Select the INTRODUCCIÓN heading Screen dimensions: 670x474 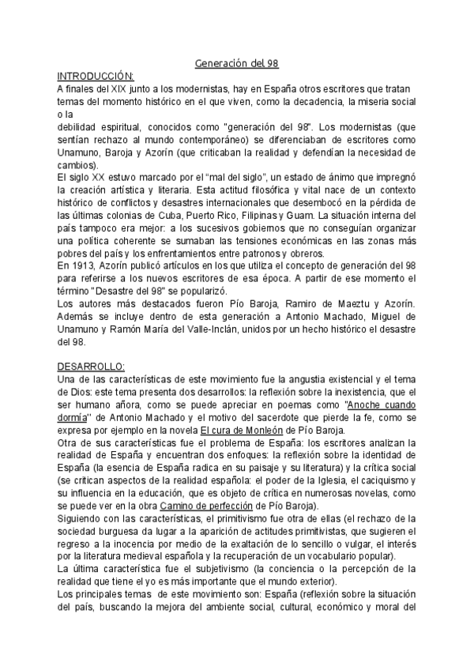coord(96,76)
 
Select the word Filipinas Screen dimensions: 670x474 coord(293,215)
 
